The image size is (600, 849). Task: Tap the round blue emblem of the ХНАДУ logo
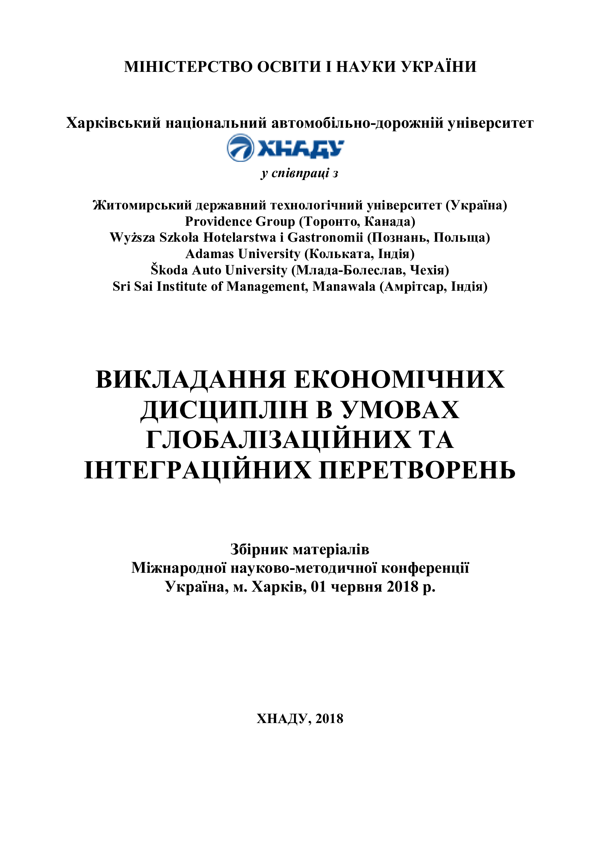pyautogui.click(x=240, y=147)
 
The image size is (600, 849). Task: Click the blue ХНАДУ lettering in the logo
pyautogui.click(x=300, y=149)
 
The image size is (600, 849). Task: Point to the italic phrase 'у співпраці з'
pyautogui.click(x=299, y=173)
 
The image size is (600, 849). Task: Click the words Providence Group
pyautogui.click(x=240, y=221)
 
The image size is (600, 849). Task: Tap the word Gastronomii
pyautogui.click(x=325, y=237)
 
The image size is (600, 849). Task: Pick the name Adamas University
pyautogui.click(x=242, y=254)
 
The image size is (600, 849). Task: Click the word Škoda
pyautogui.click(x=169, y=270)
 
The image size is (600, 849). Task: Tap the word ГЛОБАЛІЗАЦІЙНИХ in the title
pyautogui.click(x=278, y=440)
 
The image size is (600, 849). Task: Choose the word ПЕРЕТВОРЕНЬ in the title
pyautogui.click(x=417, y=470)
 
